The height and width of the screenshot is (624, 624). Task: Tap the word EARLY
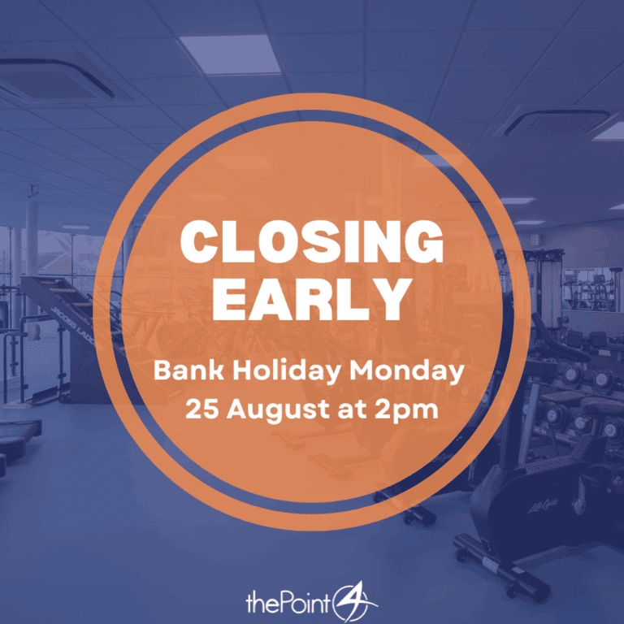click(x=312, y=299)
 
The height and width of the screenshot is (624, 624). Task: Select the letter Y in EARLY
click(x=391, y=299)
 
